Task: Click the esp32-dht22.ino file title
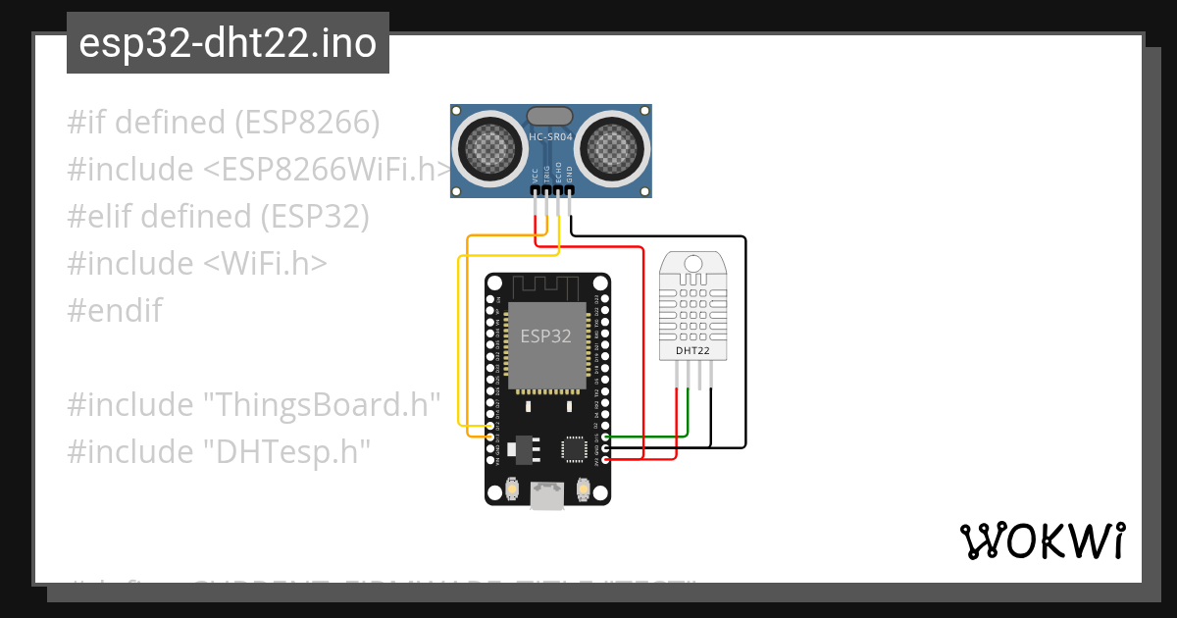click(228, 44)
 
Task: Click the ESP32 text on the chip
click(545, 336)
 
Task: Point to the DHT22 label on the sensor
click(693, 350)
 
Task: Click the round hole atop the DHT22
click(694, 263)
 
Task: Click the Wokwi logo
click(1042, 541)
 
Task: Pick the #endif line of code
click(115, 311)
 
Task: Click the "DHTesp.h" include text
click(287, 452)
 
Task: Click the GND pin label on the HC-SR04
click(570, 178)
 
